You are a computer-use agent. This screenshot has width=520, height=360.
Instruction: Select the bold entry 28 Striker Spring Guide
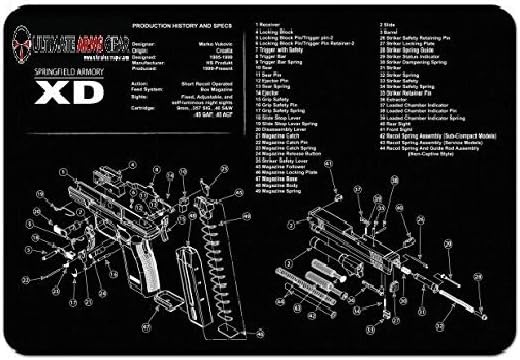pyautogui.click(x=410, y=78)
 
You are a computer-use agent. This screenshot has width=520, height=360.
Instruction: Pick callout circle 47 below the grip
pyautogui.click(x=146, y=325)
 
